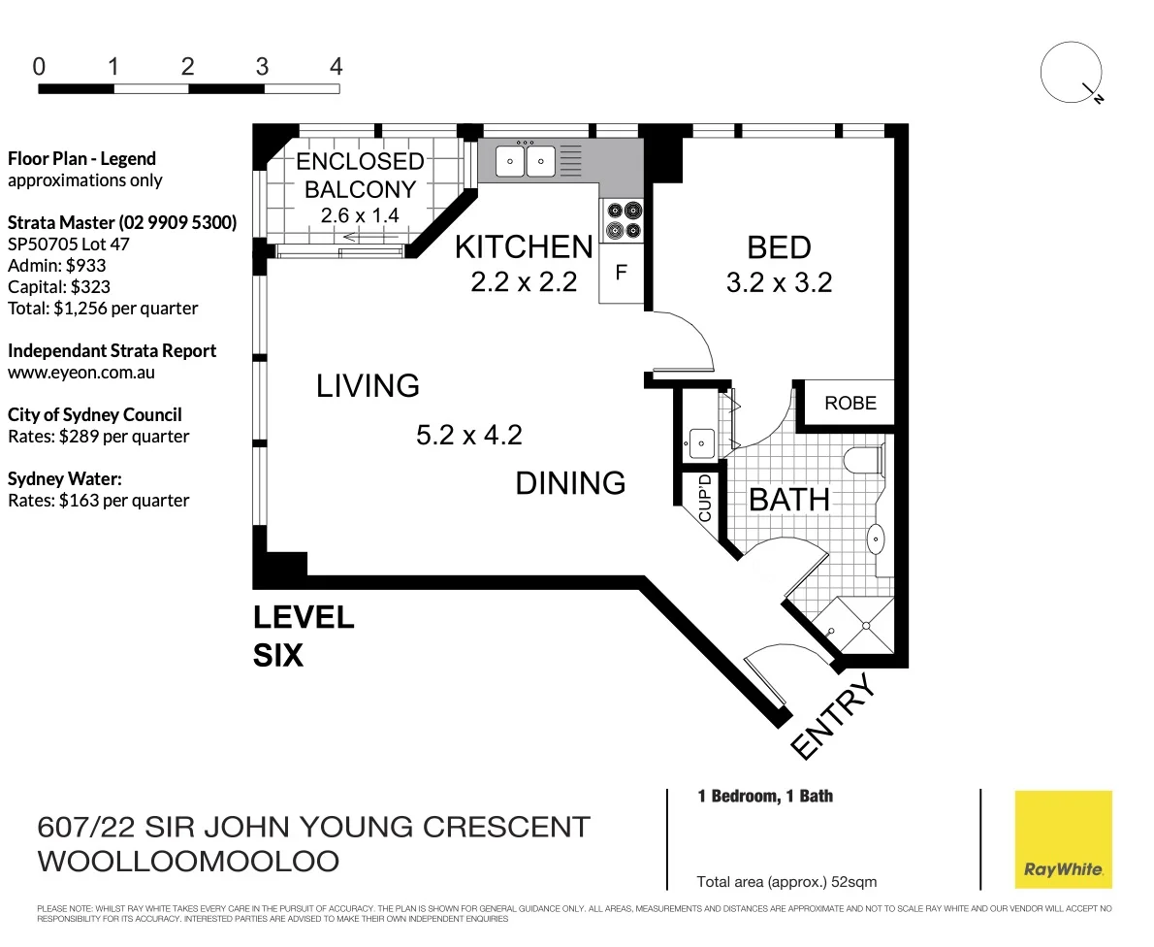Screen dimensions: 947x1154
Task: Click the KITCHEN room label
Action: coord(524,247)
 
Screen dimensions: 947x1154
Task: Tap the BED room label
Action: coord(780,247)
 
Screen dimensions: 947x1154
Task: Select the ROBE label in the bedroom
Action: coord(849,403)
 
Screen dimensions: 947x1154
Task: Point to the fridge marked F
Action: coord(621,273)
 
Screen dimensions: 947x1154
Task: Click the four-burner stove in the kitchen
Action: coord(623,219)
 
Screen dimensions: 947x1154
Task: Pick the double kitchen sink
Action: coord(526,160)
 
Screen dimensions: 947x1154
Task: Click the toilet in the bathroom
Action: coord(863,460)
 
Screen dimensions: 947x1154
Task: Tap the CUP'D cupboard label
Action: coord(705,498)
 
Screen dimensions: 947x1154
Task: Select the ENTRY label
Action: coord(833,716)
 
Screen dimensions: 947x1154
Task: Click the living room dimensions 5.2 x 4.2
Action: coord(468,436)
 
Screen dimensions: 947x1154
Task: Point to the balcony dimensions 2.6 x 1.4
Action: coord(360,215)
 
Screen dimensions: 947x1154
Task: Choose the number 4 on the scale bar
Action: coord(336,67)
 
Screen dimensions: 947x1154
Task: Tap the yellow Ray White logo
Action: coord(1063,838)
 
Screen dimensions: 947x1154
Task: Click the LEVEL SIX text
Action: coord(303,637)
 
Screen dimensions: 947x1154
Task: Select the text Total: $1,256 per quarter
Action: coord(103,309)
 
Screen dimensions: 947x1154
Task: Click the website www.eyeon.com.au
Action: coord(81,372)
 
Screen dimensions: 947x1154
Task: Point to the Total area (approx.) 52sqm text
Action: coord(786,882)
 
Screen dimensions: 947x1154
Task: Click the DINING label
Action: coord(570,483)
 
